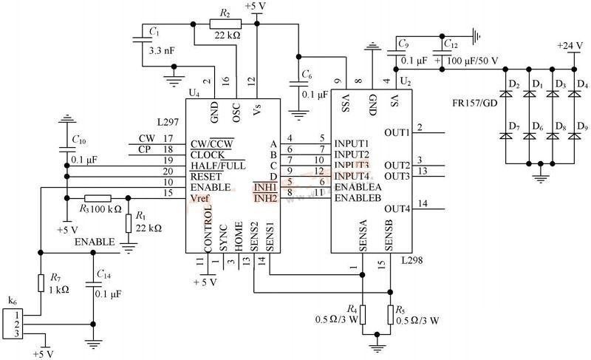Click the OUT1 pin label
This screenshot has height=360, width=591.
point(397,133)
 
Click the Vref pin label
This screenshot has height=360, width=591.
point(201,197)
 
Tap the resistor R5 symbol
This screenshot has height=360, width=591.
point(390,314)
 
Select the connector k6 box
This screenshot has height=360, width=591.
point(13,323)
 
